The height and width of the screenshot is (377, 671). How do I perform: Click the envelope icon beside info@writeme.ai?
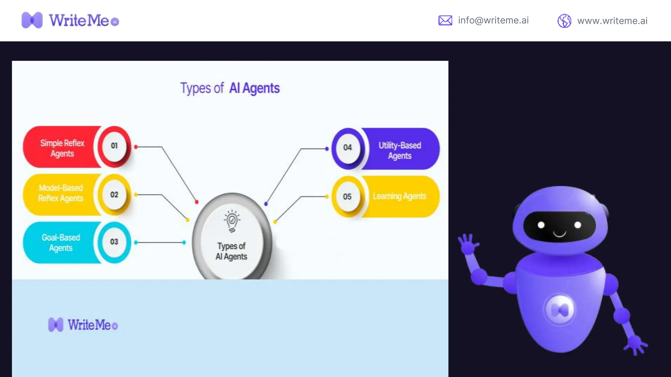pyautogui.click(x=445, y=21)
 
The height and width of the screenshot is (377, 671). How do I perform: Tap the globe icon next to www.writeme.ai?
pyautogui.click(x=564, y=21)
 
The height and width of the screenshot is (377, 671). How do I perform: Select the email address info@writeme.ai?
pyautogui.click(x=493, y=20)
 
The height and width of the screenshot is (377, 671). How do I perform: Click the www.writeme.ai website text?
pyautogui.click(x=612, y=21)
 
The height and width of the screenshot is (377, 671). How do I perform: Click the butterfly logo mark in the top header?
pyautogui.click(x=32, y=20)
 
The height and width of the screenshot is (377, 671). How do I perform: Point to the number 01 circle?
pyautogui.click(x=114, y=146)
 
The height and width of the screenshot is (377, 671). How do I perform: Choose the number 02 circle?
pyautogui.click(x=114, y=195)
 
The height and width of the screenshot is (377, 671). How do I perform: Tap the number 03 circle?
pyautogui.click(x=114, y=242)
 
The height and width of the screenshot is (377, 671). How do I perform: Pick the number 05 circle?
pyautogui.click(x=347, y=197)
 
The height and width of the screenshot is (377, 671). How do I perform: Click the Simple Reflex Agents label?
pyautogui.click(x=62, y=148)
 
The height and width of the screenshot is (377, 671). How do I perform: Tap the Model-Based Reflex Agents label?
pyautogui.click(x=61, y=193)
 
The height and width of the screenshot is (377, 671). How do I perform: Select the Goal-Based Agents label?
pyautogui.click(x=61, y=242)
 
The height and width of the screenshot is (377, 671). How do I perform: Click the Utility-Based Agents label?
pyautogui.click(x=400, y=151)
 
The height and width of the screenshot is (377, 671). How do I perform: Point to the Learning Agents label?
pyautogui.click(x=399, y=196)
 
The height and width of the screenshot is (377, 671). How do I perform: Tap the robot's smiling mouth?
pyautogui.click(x=560, y=234)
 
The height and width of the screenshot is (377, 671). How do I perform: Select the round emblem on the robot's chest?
pyautogui.click(x=560, y=309)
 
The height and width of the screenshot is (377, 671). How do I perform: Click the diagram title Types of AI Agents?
pyautogui.click(x=230, y=88)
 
